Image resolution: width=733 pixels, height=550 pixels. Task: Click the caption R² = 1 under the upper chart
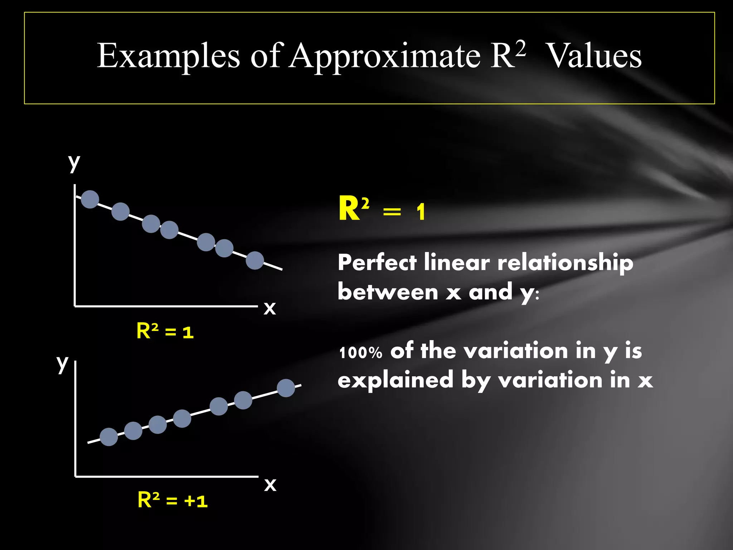165,331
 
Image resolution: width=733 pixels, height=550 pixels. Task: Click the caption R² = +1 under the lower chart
173,500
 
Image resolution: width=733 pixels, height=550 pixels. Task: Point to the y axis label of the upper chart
74,163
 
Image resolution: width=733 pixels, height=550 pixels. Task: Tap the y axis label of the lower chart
63,363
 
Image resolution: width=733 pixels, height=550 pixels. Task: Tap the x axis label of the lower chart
270,484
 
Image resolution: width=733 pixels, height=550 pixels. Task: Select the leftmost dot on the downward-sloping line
90,199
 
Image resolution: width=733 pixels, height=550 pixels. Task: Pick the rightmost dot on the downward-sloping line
255,260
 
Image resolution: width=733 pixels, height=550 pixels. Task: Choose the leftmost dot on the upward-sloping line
109,437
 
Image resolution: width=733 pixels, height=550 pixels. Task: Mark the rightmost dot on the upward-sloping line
286,388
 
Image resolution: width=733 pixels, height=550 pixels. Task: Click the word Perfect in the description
377,262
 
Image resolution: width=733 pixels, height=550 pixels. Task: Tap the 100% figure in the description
361,353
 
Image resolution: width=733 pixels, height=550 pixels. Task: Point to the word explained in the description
395,380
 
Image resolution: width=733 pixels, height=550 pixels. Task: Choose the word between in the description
388,291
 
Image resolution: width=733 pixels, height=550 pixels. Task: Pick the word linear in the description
457,262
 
